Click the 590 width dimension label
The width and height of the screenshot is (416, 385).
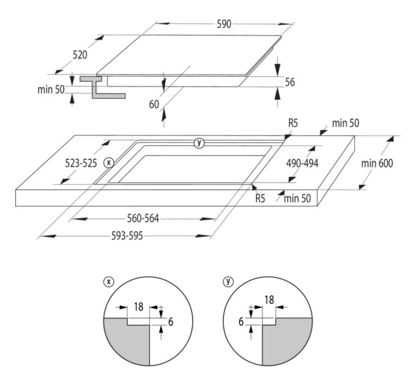pos(224,24)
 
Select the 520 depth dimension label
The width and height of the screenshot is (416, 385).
pos(80,55)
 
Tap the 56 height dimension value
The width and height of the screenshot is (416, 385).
pos(290,82)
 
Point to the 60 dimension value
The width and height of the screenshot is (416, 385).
pos(154,105)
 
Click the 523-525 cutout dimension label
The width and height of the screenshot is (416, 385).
pos(81,163)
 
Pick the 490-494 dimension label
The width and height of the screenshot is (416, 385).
pos(302,163)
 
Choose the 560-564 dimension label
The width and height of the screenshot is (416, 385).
pos(143,219)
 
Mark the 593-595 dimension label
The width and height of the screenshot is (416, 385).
pos(127,235)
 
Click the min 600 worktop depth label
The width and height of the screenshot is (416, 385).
pos(377,163)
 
